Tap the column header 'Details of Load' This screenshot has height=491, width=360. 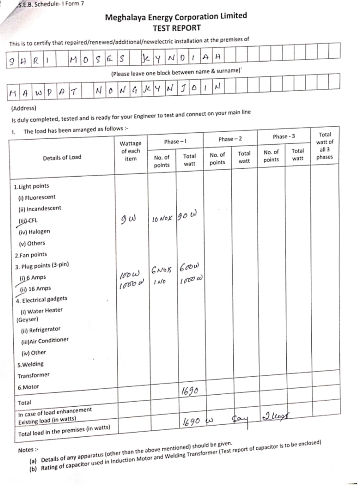tap(62, 158)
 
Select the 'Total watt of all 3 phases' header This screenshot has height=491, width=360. tap(325, 146)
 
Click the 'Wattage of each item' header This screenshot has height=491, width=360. tap(130, 151)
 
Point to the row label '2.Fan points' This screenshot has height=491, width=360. tap(31, 255)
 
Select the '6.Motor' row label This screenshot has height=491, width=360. tap(28, 387)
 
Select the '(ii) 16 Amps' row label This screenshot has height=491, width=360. tap(35, 289)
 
